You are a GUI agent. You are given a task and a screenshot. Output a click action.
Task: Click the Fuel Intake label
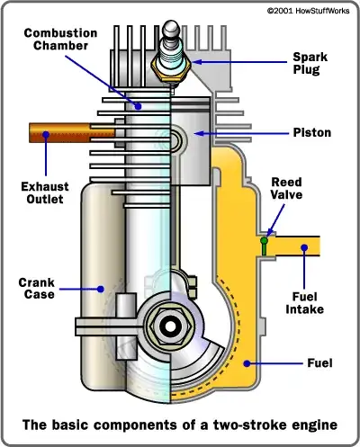pyautogui.click(x=307, y=302)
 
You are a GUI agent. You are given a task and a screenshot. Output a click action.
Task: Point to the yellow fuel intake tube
pyautogui.click(x=292, y=243)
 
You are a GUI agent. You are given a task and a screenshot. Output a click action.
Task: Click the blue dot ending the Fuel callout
pyautogui.click(x=256, y=362)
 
